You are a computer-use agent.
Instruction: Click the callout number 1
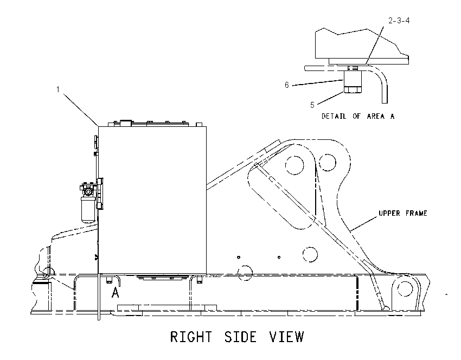[x=58, y=89]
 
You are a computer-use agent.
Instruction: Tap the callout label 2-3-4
[x=399, y=21]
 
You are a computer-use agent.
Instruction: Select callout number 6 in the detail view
[x=287, y=85]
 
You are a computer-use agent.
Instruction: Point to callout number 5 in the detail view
[x=312, y=105]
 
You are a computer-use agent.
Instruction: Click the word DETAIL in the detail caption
[x=334, y=117]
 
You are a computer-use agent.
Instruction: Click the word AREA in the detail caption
[x=375, y=117]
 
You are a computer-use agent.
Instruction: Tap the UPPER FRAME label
[x=403, y=214]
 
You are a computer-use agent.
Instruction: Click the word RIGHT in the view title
[x=191, y=337]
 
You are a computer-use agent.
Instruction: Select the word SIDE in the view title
[x=240, y=337]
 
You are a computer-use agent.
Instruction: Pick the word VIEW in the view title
[x=287, y=337]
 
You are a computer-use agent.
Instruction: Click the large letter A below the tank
[x=116, y=292]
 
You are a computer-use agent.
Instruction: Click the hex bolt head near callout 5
[x=353, y=89]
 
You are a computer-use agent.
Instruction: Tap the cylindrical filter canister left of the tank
[x=88, y=209]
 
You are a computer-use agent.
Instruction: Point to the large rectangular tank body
[x=152, y=200]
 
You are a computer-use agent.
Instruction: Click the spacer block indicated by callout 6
[x=353, y=79]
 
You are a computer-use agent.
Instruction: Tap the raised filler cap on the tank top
[x=126, y=123]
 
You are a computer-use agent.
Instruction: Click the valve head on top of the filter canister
[x=88, y=190]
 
